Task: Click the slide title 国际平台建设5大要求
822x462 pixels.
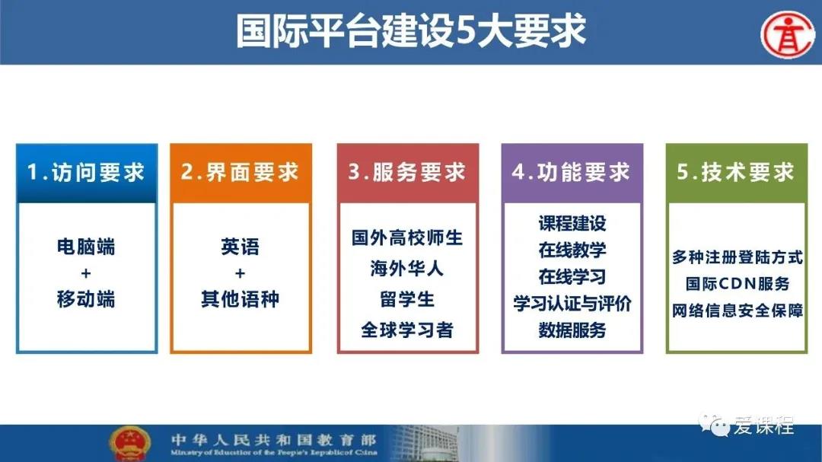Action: (x=410, y=31)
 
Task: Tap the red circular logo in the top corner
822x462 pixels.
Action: (x=789, y=34)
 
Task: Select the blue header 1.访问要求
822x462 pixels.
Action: (x=87, y=173)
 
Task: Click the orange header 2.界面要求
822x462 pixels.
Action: (x=241, y=173)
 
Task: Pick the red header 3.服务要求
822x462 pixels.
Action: (x=407, y=173)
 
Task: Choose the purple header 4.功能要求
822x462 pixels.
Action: (x=572, y=173)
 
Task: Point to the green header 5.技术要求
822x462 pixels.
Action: (x=737, y=173)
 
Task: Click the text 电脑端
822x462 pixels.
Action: (x=86, y=247)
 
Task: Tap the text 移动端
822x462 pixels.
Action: (x=86, y=299)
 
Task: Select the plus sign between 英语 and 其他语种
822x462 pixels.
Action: (x=240, y=273)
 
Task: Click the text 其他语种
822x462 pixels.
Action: (x=240, y=299)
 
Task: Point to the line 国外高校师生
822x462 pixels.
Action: (x=407, y=237)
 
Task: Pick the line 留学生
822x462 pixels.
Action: (x=407, y=299)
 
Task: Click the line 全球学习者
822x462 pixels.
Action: (x=407, y=330)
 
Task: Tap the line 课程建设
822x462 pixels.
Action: (x=572, y=224)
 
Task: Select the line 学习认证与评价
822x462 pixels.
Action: (x=572, y=303)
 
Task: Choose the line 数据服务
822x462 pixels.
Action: (x=572, y=330)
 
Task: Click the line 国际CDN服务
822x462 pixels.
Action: (x=737, y=284)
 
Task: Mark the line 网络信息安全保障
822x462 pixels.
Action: (x=737, y=311)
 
